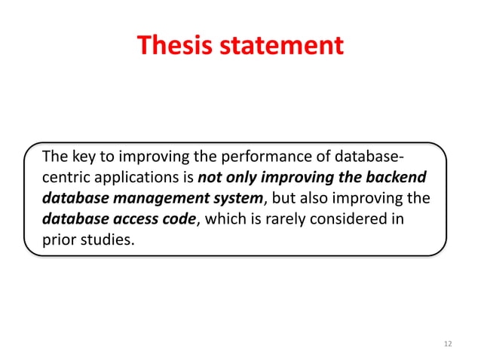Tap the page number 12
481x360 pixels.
[x=448, y=343]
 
